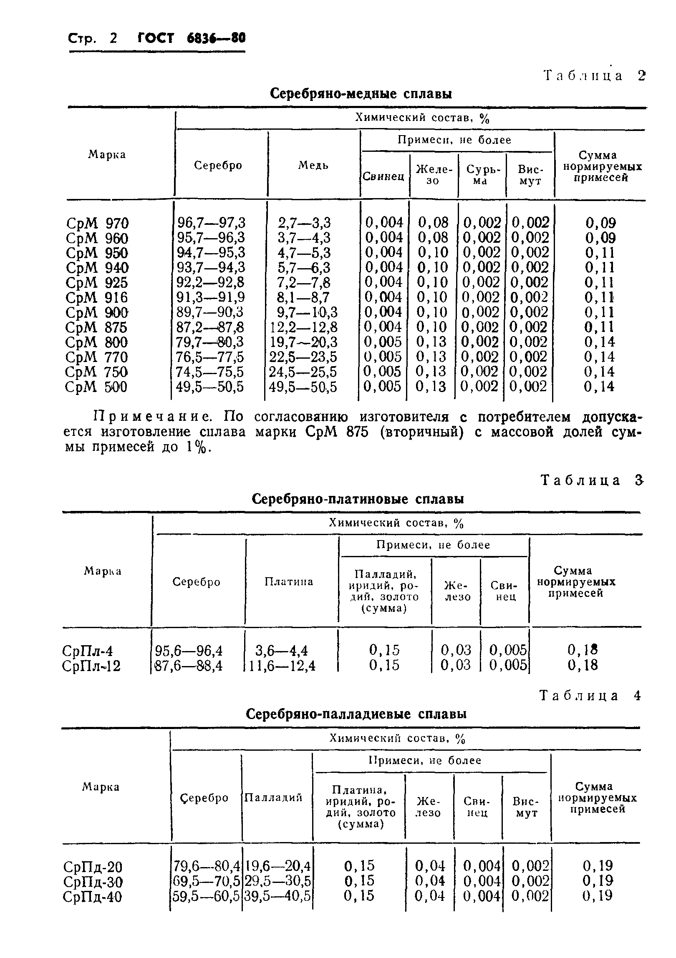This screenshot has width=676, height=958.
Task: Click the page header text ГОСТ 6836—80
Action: (x=191, y=39)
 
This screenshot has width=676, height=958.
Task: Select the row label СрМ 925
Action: (x=96, y=283)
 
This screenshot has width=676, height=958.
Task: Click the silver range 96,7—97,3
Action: (x=212, y=222)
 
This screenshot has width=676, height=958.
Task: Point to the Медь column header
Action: (x=313, y=165)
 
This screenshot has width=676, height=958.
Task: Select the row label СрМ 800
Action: (x=96, y=342)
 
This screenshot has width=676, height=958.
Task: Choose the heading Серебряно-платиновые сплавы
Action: (x=358, y=499)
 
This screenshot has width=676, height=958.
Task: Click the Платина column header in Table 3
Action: (x=289, y=582)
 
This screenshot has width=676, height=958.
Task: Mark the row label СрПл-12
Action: (x=91, y=666)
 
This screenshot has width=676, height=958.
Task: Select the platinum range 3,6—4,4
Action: (x=281, y=651)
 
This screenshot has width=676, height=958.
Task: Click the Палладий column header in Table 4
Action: (x=273, y=797)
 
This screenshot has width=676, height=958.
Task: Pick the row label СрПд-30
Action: (x=93, y=882)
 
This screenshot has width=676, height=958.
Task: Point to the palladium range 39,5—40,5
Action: (x=277, y=897)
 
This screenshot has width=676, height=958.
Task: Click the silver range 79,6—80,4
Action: (x=207, y=867)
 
